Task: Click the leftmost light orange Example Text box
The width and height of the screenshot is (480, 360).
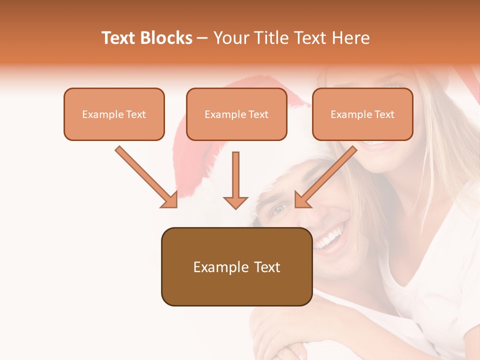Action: click(x=114, y=114)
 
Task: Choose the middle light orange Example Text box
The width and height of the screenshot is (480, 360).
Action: click(x=236, y=114)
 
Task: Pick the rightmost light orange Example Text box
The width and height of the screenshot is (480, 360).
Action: click(x=362, y=114)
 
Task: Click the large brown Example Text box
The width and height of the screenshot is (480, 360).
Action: click(x=236, y=266)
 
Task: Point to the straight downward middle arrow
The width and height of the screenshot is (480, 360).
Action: click(x=235, y=180)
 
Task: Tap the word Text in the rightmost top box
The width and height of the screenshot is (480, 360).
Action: click(x=384, y=114)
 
